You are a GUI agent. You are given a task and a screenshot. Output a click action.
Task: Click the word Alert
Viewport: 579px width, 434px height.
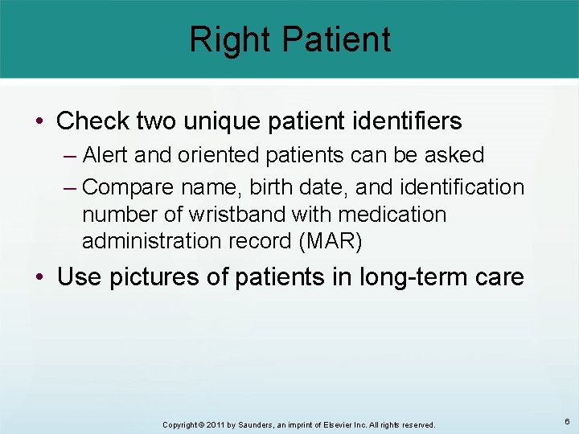pyautogui.click(x=107, y=154)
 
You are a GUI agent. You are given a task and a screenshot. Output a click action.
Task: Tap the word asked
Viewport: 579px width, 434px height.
pyautogui.click(x=453, y=154)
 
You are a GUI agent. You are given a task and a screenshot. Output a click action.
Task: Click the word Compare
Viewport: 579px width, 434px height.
pyautogui.click(x=126, y=188)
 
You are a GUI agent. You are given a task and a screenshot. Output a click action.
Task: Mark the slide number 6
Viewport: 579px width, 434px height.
pyautogui.click(x=567, y=421)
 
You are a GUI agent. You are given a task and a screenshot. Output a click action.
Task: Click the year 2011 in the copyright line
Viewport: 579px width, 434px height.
pyautogui.click(x=213, y=424)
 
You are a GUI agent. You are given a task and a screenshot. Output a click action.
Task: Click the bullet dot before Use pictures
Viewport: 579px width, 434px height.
pyautogui.click(x=41, y=278)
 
